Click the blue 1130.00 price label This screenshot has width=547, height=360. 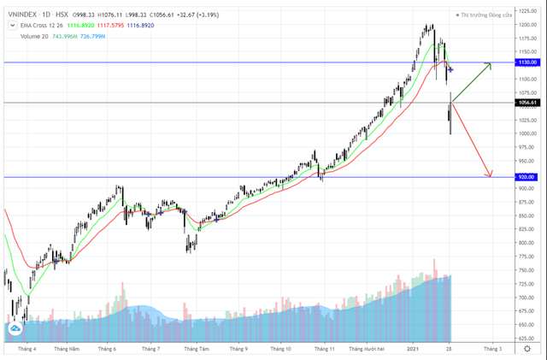[x=527, y=62]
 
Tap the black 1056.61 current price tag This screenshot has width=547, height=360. [x=527, y=103]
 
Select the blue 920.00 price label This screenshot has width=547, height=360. [x=526, y=177]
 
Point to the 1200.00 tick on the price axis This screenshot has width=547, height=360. [x=526, y=25]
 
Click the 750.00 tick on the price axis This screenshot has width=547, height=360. [x=526, y=270]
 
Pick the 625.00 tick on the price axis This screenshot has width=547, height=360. [x=526, y=339]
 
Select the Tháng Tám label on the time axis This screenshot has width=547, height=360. [x=197, y=349]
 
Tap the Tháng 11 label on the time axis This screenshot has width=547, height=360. [x=324, y=349]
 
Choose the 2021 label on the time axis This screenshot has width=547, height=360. [x=413, y=349]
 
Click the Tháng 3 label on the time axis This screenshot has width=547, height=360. [x=493, y=349]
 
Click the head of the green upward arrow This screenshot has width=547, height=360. [x=491, y=64]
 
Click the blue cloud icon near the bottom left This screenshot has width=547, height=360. [x=15, y=328]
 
